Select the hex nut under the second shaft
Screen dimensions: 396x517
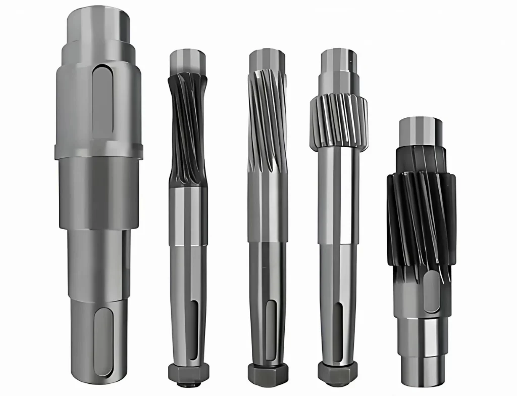[x=188, y=373]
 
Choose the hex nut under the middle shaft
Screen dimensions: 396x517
[x=268, y=373]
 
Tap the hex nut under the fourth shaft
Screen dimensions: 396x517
[x=338, y=373]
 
